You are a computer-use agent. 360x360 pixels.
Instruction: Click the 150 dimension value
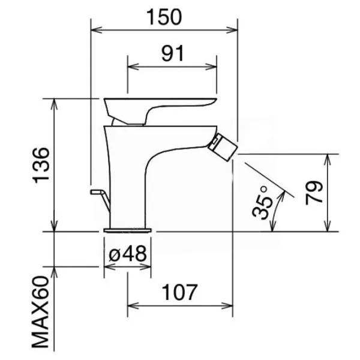coord(164,17)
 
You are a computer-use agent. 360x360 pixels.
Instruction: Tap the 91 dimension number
coord(173,53)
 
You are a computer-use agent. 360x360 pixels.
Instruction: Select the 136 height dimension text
coord(41,166)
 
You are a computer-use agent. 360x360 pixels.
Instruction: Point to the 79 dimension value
coord(314,193)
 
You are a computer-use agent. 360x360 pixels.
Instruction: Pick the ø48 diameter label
coord(128,254)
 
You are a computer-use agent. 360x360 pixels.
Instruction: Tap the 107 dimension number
coord(179,292)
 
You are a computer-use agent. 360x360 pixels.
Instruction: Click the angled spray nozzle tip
coord(223,148)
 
